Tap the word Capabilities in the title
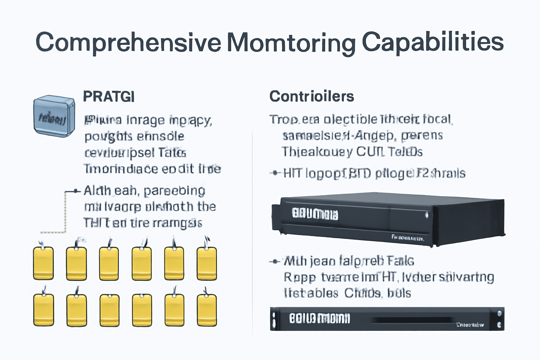click(433, 42)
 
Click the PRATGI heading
click(109, 96)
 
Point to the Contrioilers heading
click(311, 96)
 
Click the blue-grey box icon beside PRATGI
click(54, 116)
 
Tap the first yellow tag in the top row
click(44, 263)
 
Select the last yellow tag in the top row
click(207, 263)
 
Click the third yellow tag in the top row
click(109, 263)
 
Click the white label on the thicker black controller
click(315, 214)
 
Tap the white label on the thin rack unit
click(319, 319)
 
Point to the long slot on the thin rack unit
click(411, 320)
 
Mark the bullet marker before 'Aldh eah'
click(75, 191)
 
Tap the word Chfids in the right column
click(362, 293)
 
